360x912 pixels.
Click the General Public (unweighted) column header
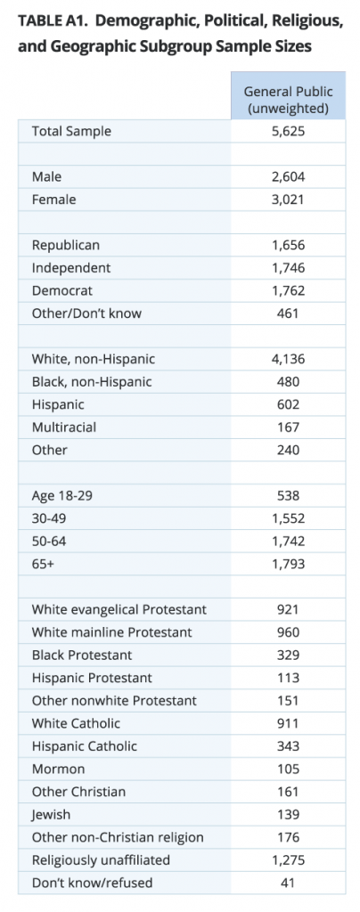point(288,100)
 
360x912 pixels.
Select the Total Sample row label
point(71,132)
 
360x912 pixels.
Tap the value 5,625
point(288,132)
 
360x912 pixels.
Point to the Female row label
point(54,199)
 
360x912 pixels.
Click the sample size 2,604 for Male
point(288,177)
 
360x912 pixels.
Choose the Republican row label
point(66,246)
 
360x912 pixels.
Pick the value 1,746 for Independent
point(288,268)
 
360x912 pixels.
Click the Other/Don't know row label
point(86,313)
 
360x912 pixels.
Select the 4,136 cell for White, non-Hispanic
point(288,360)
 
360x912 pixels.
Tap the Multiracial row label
point(64,427)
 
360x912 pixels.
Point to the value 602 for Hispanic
point(288,405)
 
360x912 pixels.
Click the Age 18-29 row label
point(61,496)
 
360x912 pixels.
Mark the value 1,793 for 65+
point(288,564)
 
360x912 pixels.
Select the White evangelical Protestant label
point(119,610)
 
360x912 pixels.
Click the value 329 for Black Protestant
point(288,655)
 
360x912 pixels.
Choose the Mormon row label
point(58,769)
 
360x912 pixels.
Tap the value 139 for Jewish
point(288,815)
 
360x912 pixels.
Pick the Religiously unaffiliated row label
point(101,860)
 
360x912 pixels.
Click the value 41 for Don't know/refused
point(288,883)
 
